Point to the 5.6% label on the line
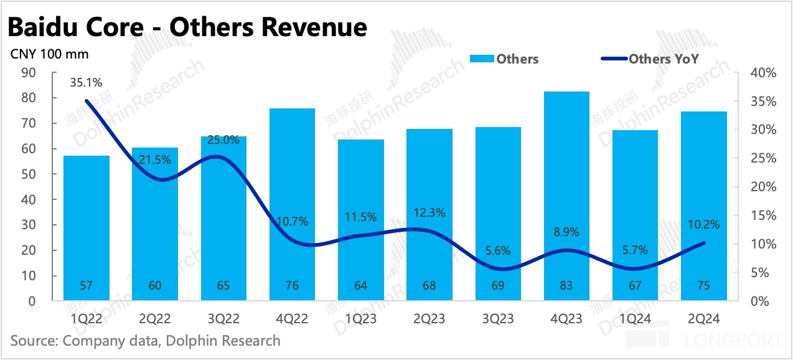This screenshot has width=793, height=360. (x=498, y=251)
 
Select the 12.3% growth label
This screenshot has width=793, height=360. (x=429, y=212)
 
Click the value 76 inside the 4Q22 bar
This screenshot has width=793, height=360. (x=292, y=286)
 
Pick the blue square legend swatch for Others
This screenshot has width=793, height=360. (x=481, y=59)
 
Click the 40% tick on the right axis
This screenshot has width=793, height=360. (x=763, y=73)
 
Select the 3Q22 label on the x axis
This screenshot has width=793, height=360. (x=223, y=318)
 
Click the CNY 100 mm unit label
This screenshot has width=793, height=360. (x=50, y=54)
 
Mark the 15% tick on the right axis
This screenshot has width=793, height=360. (x=763, y=216)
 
